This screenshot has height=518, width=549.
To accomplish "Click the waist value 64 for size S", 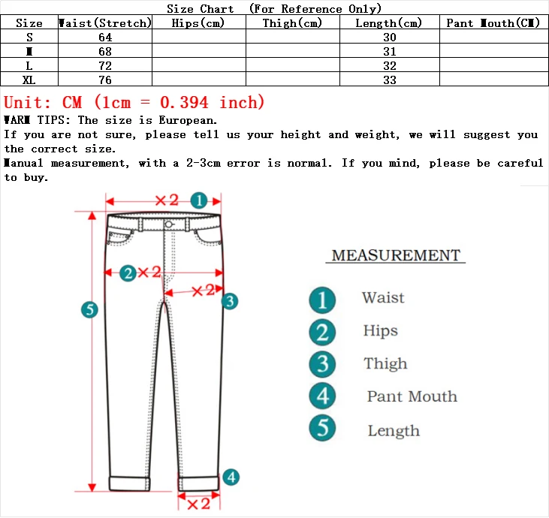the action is coord(105,38).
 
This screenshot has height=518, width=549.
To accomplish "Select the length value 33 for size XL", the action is coord(389,80).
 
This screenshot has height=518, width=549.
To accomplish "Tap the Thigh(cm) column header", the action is coord(292,23).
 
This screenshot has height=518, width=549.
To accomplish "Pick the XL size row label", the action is coord(29,80).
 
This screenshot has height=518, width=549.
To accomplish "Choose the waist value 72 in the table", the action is coord(105,66).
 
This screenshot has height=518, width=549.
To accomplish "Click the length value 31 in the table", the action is coord(389,52).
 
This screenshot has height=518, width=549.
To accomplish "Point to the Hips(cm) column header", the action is coord(198,23).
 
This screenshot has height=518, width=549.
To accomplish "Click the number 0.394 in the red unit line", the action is coord(180,102).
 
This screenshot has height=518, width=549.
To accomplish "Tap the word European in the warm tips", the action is coord(188,120).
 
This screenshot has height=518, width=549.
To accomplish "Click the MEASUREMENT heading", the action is coord(396,255).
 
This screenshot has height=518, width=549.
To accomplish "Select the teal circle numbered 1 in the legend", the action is coord(322,300).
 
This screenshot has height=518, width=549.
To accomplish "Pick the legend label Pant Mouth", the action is coord(412,396).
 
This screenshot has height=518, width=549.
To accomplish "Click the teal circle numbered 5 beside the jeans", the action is coord(90,309).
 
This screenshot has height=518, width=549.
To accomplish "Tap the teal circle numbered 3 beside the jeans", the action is coord(230,301).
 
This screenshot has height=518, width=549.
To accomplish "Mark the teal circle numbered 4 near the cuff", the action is coord(231,477).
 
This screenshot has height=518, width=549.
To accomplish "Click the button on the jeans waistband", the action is coord(167,224).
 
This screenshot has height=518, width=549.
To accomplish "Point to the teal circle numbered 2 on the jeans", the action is coord(128,273).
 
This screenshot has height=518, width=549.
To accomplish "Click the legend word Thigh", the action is coord(385,364).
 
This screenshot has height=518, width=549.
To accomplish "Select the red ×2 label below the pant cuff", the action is coord(198,504).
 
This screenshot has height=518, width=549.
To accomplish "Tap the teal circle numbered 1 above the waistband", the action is coord(198,200).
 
